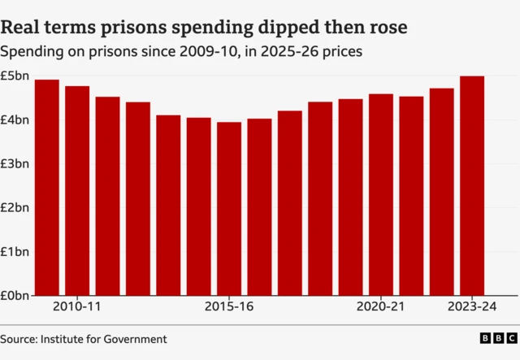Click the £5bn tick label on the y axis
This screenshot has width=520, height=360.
tap(15, 76)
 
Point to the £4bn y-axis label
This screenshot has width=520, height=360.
tap(15, 120)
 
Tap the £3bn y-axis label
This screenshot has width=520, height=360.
tap(15, 164)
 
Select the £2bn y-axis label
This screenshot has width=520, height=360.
tap(15, 208)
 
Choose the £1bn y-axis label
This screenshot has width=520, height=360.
tap(15, 252)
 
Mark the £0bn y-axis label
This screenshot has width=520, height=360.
tap(15, 296)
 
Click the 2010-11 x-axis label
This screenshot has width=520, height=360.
tap(77, 307)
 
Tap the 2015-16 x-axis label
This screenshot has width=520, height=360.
tap(229, 307)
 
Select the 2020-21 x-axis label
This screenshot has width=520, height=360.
tap(381, 307)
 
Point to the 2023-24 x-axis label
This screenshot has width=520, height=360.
tap(472, 307)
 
